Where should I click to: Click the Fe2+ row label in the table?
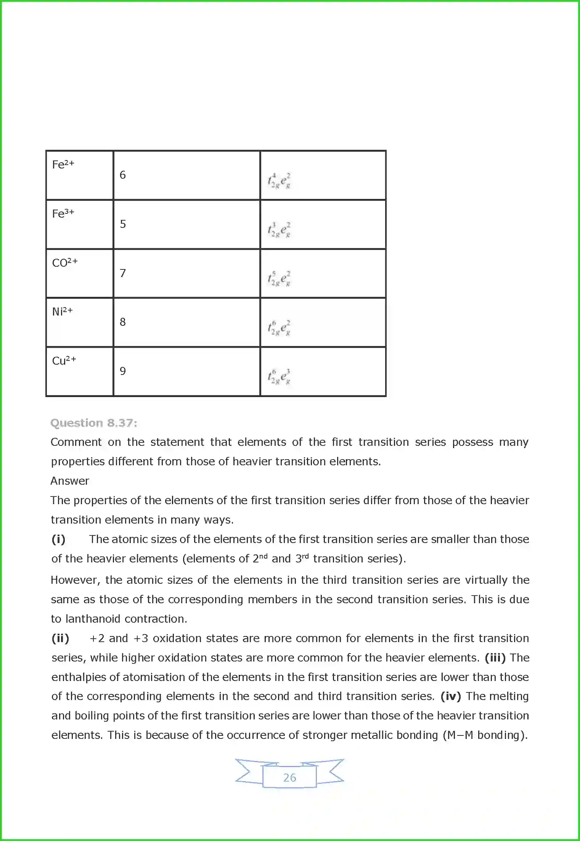[x=63, y=165]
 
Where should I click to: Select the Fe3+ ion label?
[x=63, y=213]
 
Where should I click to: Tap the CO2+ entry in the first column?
[x=64, y=263]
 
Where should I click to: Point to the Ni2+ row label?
[x=62, y=311]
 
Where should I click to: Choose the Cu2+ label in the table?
[x=64, y=360]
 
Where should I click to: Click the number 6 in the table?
[x=122, y=175]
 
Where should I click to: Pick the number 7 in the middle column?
[x=122, y=273]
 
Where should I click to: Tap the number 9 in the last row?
[x=122, y=371]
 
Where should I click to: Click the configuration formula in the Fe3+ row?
[x=279, y=230]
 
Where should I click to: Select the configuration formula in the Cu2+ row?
[x=279, y=376]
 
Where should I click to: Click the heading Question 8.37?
[x=93, y=423]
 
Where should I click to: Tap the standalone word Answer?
[x=70, y=481]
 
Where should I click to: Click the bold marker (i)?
[x=58, y=539]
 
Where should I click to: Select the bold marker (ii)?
[x=60, y=638]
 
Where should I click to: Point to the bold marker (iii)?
[x=495, y=658]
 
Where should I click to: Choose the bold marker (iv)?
[x=450, y=696]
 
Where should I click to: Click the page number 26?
[x=289, y=778]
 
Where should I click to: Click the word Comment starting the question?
[x=76, y=442]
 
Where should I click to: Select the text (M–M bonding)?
[x=485, y=735]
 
